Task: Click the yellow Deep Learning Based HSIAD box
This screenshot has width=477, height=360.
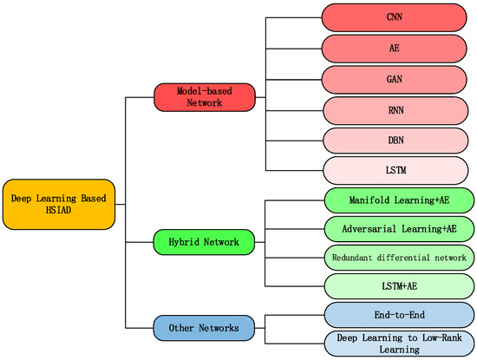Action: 58,205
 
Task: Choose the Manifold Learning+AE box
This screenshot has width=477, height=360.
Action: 396,200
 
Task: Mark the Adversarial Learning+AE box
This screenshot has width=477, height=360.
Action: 396,229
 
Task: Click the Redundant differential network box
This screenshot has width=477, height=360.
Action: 396,258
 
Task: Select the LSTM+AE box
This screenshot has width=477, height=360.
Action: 396,285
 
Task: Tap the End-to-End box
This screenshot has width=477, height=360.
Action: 396,315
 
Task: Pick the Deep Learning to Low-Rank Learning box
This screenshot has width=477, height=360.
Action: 396,344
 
